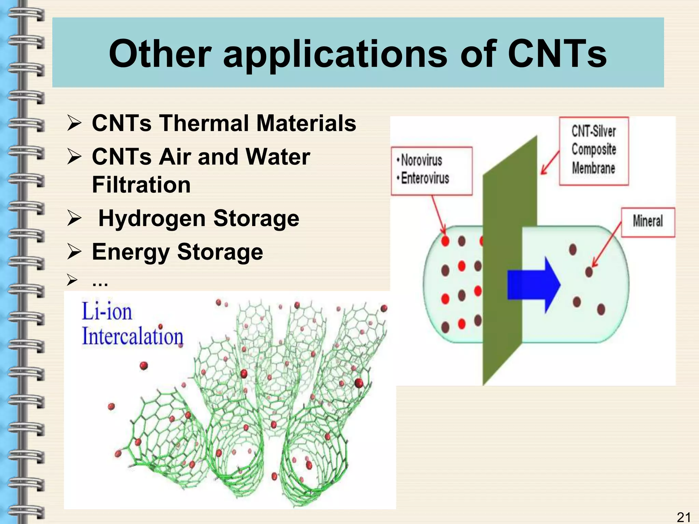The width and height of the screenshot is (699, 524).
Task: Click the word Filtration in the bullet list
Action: click(x=141, y=185)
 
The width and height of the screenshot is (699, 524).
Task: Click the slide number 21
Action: click(x=683, y=517)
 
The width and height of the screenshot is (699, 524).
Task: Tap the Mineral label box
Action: click(x=647, y=222)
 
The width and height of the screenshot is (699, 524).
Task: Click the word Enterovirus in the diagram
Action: click(x=425, y=178)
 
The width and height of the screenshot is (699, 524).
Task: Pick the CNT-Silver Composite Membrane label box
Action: click(x=594, y=150)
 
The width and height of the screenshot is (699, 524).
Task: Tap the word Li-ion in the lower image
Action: click(x=106, y=312)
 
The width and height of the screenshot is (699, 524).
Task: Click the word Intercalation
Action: click(x=132, y=336)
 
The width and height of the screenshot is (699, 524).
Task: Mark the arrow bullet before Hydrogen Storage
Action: click(x=74, y=218)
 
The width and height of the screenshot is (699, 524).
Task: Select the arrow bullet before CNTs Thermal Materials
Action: click(x=74, y=123)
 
